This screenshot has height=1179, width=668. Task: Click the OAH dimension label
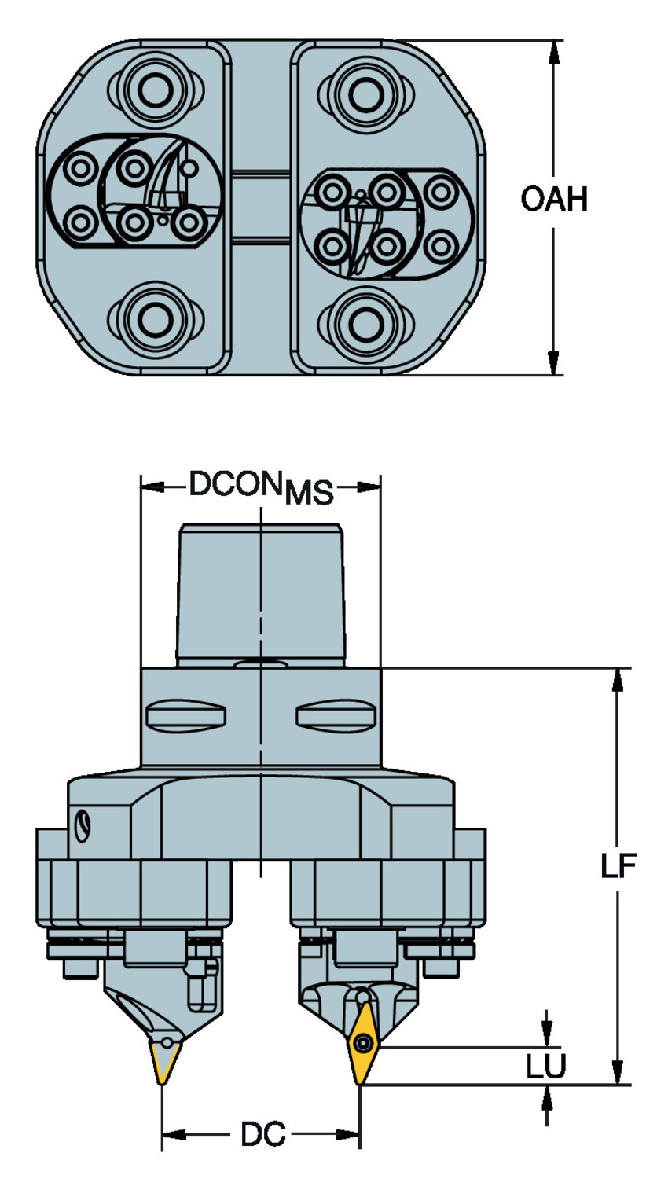(x=554, y=199)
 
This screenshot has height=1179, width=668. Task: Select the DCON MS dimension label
(x=261, y=488)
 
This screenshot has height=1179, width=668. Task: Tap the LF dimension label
(x=618, y=866)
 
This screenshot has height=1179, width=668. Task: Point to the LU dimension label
(x=545, y=1067)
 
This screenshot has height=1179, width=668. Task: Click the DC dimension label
(x=262, y=1135)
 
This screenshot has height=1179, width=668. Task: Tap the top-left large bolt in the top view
(x=148, y=94)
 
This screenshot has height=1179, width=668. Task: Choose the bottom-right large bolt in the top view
(x=362, y=320)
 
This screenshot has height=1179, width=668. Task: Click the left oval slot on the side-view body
(x=186, y=714)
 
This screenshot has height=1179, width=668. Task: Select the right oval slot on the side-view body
(x=336, y=714)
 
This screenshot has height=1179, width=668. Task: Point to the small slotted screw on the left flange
(x=83, y=825)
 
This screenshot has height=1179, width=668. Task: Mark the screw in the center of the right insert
(x=362, y=1044)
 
